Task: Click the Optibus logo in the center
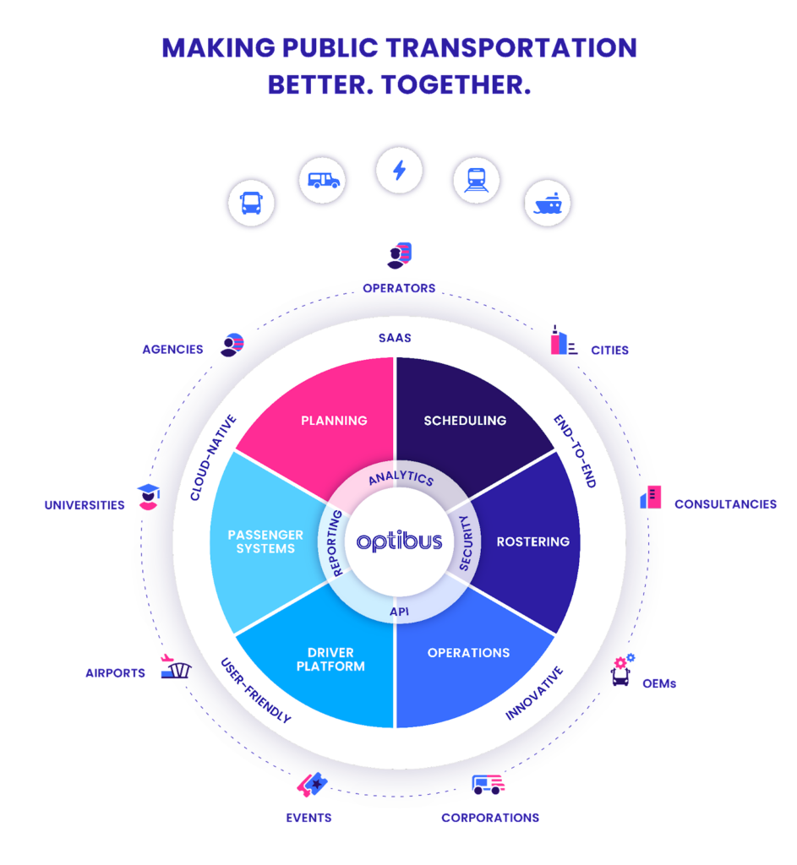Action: click(x=399, y=541)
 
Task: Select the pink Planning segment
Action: click(x=334, y=420)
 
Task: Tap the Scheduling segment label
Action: click(x=465, y=420)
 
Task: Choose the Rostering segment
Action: click(x=532, y=541)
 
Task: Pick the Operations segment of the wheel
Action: click(x=468, y=653)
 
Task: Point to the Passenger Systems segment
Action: click(x=265, y=541)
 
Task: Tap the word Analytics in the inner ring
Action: click(x=401, y=478)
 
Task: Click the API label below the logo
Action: click(x=399, y=610)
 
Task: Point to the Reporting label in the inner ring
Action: click(x=334, y=542)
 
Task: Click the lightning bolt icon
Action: click(x=399, y=171)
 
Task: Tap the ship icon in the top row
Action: click(x=548, y=204)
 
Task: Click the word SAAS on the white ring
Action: click(x=395, y=338)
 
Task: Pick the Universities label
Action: click(x=85, y=505)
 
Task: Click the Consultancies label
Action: click(x=725, y=504)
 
